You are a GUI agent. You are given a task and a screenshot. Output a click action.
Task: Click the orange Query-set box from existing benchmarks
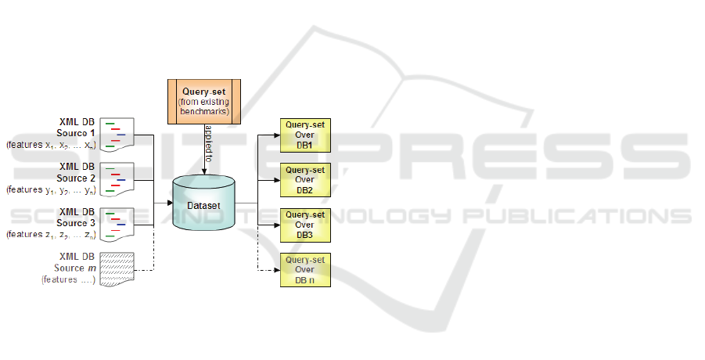click(203, 99)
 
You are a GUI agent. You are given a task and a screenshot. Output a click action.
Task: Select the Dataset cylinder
click(203, 203)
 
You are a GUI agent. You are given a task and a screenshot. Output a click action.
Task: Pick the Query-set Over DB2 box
click(305, 179)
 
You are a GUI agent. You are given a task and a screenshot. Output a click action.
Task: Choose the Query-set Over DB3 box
click(305, 225)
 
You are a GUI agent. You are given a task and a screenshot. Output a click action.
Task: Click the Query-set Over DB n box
click(305, 270)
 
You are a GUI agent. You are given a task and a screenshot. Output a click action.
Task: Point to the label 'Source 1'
click(77, 134)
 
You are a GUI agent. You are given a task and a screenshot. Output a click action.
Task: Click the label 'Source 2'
click(77, 178)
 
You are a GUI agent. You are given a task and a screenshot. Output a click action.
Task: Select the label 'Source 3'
click(77, 224)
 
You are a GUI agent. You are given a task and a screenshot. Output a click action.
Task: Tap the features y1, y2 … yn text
click(51, 190)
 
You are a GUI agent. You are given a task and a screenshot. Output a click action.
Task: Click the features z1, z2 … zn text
click(51, 235)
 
